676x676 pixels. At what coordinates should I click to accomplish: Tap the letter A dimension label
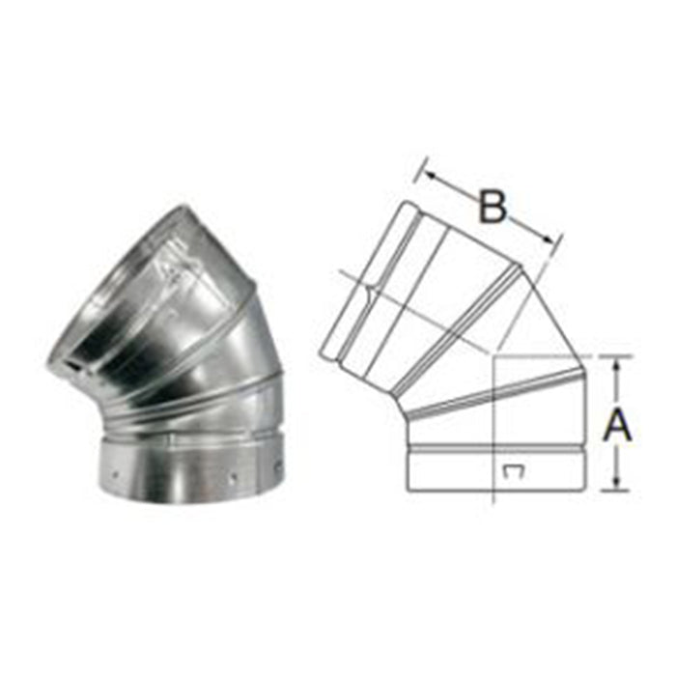point(618,424)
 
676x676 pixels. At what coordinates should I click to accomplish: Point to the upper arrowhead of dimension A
point(618,362)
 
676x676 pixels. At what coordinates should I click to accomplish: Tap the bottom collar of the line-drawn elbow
point(496,467)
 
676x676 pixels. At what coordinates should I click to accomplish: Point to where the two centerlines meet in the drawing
point(493,356)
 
